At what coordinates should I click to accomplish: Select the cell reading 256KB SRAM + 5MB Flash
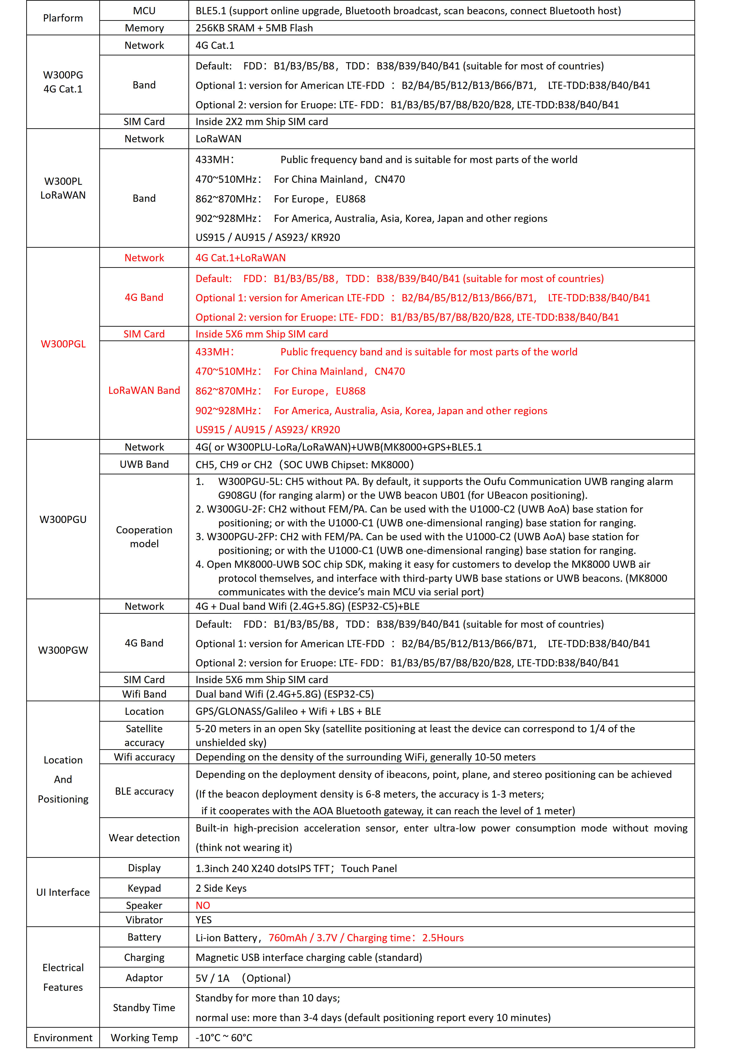pyautogui.click(x=254, y=28)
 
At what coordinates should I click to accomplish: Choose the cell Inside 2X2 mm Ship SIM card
pyautogui.click(x=261, y=122)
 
